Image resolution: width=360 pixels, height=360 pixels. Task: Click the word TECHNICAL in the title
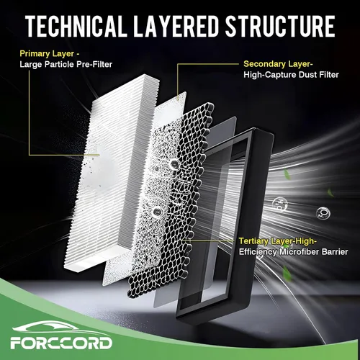[76, 26]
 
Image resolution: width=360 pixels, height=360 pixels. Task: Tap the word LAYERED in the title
[176, 26]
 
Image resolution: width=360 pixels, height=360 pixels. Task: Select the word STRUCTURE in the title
[280, 26]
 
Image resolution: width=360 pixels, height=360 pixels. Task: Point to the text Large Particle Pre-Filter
[66, 64]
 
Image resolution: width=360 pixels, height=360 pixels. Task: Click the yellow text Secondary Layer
[277, 64]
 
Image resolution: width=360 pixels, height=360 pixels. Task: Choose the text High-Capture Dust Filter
[291, 75]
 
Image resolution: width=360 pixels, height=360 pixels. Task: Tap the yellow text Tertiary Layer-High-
[278, 241]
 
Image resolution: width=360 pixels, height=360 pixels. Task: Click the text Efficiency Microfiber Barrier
[293, 252]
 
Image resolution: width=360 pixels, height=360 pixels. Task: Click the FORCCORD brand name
[61, 343]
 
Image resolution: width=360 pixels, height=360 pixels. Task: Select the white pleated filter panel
[113, 173]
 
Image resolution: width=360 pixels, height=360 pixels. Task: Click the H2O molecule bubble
[280, 205]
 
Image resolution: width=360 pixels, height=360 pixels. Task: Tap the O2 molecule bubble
[323, 212]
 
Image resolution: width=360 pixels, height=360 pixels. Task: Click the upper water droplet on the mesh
[174, 164]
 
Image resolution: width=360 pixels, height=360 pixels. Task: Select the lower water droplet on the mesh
[157, 212]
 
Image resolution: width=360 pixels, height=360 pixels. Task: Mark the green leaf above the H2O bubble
[287, 174]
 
